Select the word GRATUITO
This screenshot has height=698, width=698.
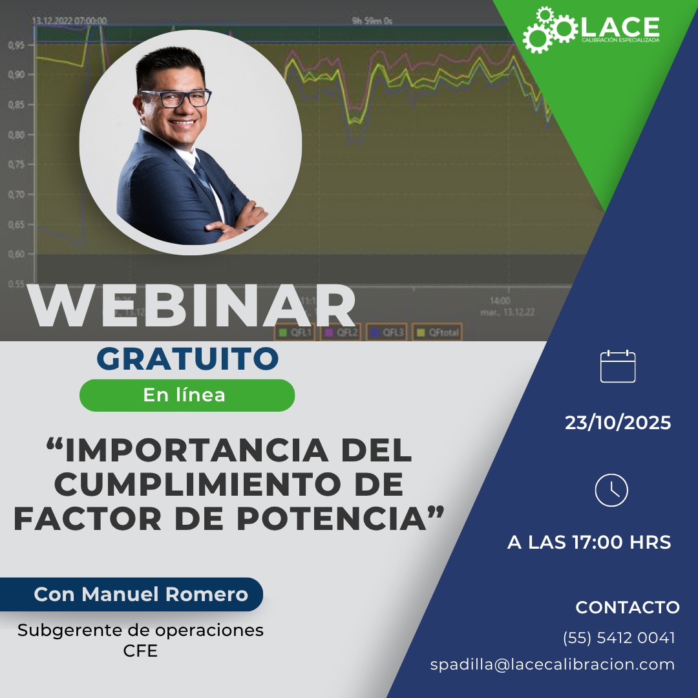[187, 359]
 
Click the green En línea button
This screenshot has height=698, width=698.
[187, 396]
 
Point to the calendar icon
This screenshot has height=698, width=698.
[618, 366]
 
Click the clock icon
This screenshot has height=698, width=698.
[611, 490]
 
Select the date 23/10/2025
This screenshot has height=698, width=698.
[618, 423]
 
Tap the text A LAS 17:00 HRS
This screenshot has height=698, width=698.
[589, 542]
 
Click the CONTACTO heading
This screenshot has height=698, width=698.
[627, 608]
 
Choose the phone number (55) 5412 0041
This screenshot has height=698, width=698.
[619, 638]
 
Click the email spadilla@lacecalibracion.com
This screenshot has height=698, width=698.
[553, 664]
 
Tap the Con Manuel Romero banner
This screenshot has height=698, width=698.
[140, 595]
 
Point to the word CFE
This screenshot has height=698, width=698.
[140, 651]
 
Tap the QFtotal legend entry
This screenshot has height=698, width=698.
[438, 333]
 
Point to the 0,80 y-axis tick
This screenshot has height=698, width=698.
[17, 135]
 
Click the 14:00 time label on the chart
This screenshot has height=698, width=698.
[500, 301]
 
